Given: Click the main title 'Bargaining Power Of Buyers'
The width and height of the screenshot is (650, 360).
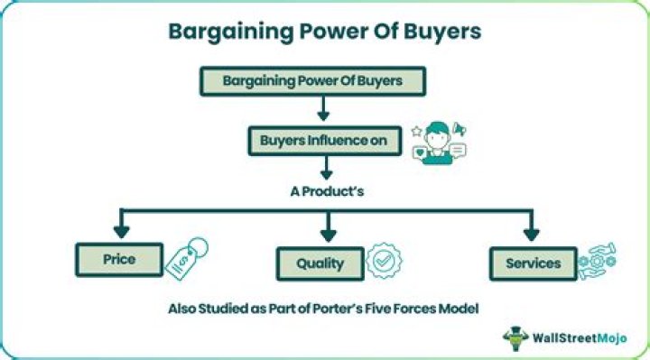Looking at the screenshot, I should tap(325, 31).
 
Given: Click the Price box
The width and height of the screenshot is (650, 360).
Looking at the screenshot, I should tap(118, 259).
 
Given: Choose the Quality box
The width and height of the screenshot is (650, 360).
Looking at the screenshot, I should tap(320, 263).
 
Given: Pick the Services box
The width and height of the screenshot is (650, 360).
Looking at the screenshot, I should tap(532, 263).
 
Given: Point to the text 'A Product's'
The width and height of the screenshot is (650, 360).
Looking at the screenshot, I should tap(324, 192).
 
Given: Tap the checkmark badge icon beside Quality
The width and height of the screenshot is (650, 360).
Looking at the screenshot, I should tap(384, 259).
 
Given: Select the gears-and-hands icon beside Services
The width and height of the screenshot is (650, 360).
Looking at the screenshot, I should tap(597, 261).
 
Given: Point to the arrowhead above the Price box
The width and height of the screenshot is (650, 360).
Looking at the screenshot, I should tap(119, 234).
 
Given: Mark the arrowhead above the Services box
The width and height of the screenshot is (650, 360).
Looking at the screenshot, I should tap(531, 235).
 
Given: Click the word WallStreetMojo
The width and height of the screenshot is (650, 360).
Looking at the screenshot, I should tap(578, 338).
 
